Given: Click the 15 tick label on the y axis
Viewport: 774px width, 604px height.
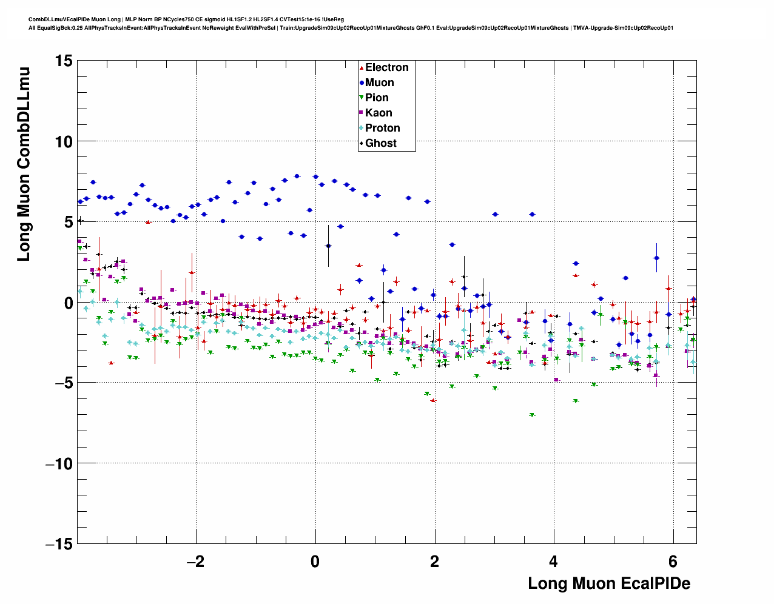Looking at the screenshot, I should pos(62,61).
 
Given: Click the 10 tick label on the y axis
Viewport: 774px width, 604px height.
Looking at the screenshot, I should pos(62,141).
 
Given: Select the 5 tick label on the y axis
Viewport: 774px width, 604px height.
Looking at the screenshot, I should pos(68,222).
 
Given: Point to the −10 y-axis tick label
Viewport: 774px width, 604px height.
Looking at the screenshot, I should pos(58,463).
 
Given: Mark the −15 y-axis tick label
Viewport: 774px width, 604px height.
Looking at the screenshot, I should pos(58,544).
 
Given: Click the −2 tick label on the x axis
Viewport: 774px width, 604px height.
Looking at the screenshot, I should pos(195,562).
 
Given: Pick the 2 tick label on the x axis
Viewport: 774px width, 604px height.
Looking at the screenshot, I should pos(434,562).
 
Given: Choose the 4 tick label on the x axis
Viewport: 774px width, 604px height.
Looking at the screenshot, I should pos(554,562).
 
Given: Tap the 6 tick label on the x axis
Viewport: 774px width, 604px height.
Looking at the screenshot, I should pos(673,562).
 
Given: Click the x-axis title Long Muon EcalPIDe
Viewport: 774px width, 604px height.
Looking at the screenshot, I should pos(608,583).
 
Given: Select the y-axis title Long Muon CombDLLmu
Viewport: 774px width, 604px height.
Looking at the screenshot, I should pos(24,165).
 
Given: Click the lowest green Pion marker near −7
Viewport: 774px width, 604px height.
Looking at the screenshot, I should pos(532,415).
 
